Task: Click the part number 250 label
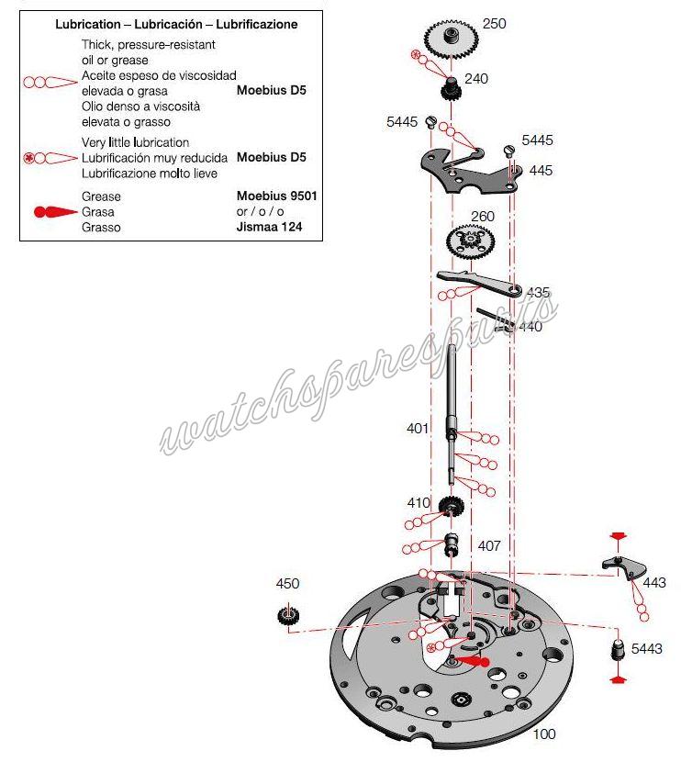(x=494, y=24)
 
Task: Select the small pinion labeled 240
(x=451, y=91)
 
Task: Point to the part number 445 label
(x=541, y=171)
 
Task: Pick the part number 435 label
(x=538, y=293)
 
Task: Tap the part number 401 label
(x=418, y=428)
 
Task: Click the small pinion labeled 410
(x=450, y=506)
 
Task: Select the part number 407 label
(x=489, y=546)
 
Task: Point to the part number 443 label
(x=654, y=583)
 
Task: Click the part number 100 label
(x=544, y=734)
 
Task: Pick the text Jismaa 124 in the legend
(x=269, y=227)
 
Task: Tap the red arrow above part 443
(x=619, y=535)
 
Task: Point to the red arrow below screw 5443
(x=618, y=679)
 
